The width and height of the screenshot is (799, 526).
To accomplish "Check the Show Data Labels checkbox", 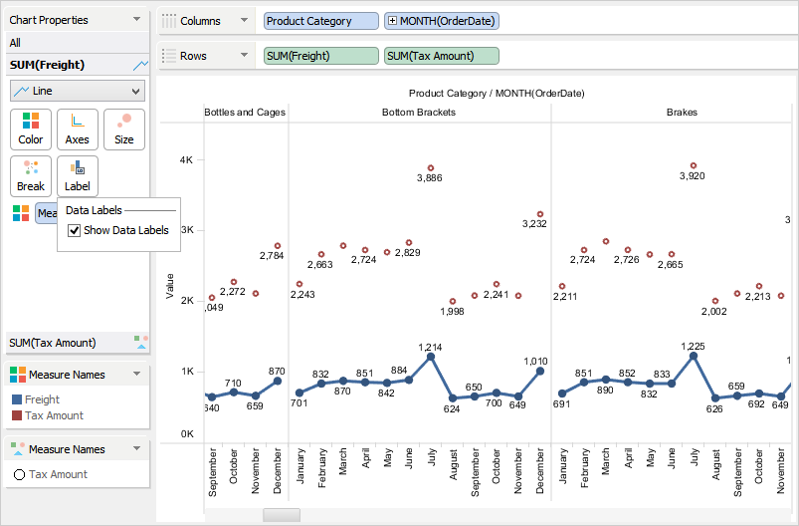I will point(75,231).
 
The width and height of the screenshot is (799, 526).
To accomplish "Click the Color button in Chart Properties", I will point(31,129).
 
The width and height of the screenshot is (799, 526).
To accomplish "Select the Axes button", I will point(78,129).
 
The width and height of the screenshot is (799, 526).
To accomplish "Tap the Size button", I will point(124,129).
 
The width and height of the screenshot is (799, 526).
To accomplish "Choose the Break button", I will point(31,175).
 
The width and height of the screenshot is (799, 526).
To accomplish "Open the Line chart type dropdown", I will point(78,91).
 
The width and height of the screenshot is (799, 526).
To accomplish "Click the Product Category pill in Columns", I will point(321,21).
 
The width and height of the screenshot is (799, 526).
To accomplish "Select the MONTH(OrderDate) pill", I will point(441,21).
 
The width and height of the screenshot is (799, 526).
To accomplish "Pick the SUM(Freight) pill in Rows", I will point(321,56).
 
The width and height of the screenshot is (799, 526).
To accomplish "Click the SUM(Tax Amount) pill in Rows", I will point(441,56).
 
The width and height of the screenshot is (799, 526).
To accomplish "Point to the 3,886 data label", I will point(430,177).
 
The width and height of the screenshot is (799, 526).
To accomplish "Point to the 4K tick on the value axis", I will point(185,159).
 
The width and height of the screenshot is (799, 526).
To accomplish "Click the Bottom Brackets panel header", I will point(419,113).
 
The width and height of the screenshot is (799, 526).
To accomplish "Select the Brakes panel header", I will point(682,113).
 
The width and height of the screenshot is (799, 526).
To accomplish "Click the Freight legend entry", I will point(42,399).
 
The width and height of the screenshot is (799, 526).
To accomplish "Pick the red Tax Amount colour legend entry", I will point(54,415).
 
